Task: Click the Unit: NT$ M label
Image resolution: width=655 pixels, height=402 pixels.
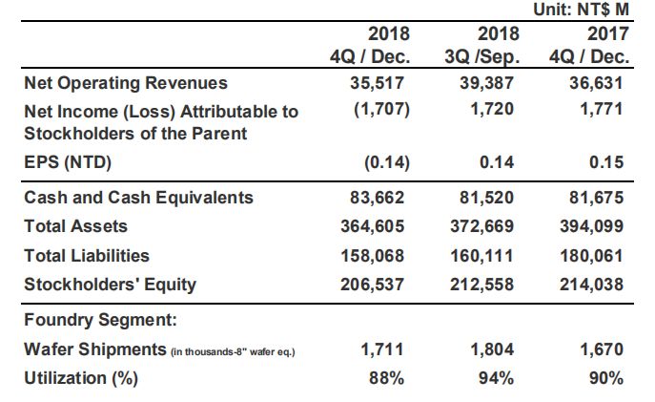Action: click(x=581, y=10)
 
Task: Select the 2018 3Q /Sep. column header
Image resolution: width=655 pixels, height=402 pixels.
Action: click(x=482, y=45)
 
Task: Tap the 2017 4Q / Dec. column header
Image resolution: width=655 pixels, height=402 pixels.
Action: click(x=589, y=45)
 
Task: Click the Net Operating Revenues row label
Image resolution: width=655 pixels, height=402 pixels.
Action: click(x=126, y=83)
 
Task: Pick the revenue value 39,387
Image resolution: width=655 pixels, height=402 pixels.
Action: click(x=486, y=83)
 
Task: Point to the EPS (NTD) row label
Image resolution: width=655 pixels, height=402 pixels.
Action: click(x=68, y=162)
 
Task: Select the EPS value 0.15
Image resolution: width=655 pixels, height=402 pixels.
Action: click(x=606, y=162)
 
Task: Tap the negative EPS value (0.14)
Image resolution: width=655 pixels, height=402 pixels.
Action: click(x=387, y=162)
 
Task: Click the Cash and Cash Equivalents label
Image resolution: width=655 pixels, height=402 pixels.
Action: click(x=138, y=198)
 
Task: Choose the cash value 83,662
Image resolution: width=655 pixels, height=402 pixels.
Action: click(x=378, y=198)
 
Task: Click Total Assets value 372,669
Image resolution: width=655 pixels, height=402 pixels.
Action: click(x=482, y=226)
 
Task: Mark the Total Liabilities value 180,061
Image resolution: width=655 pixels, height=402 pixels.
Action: click(x=591, y=256)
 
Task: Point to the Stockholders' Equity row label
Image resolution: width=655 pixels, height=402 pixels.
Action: click(x=111, y=285)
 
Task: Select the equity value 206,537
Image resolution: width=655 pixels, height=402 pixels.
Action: click(x=372, y=285)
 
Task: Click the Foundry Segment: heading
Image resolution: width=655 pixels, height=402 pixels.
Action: click(x=101, y=320)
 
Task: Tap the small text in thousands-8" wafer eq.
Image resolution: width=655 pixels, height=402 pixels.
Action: click(x=233, y=351)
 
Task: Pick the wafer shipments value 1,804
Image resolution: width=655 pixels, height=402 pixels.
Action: click(x=492, y=349)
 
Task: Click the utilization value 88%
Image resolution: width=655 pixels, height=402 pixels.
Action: click(x=386, y=378)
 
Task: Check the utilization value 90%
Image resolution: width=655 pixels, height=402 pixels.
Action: click(x=606, y=378)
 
